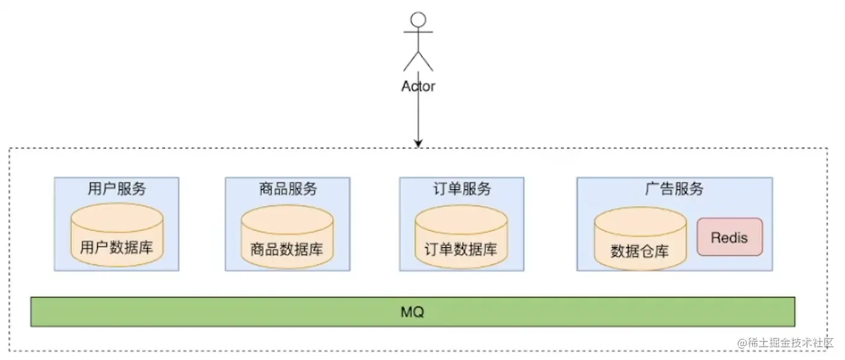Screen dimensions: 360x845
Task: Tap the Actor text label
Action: (418, 86)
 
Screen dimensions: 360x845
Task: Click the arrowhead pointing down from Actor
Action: (418, 144)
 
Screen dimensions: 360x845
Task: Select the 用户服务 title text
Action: (116, 189)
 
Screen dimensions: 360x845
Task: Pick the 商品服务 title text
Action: (287, 189)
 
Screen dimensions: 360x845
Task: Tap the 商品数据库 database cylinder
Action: (287, 238)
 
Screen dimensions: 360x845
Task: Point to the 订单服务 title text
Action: (462, 189)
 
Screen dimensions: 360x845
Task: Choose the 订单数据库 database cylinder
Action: (461, 238)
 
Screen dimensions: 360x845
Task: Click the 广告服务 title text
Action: (674, 189)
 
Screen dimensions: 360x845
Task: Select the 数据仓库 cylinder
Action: (640, 240)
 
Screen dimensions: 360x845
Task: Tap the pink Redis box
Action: (729, 237)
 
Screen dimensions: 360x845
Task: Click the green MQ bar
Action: (241, 312)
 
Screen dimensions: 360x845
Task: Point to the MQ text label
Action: (413, 312)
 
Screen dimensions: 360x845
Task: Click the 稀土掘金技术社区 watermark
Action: (785, 343)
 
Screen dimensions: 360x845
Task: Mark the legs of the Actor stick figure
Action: (418, 61)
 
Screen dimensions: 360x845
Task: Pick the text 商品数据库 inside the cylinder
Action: (287, 249)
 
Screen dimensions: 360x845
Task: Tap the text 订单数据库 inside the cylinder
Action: (461, 249)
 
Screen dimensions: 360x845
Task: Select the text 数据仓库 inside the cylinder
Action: (639, 251)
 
